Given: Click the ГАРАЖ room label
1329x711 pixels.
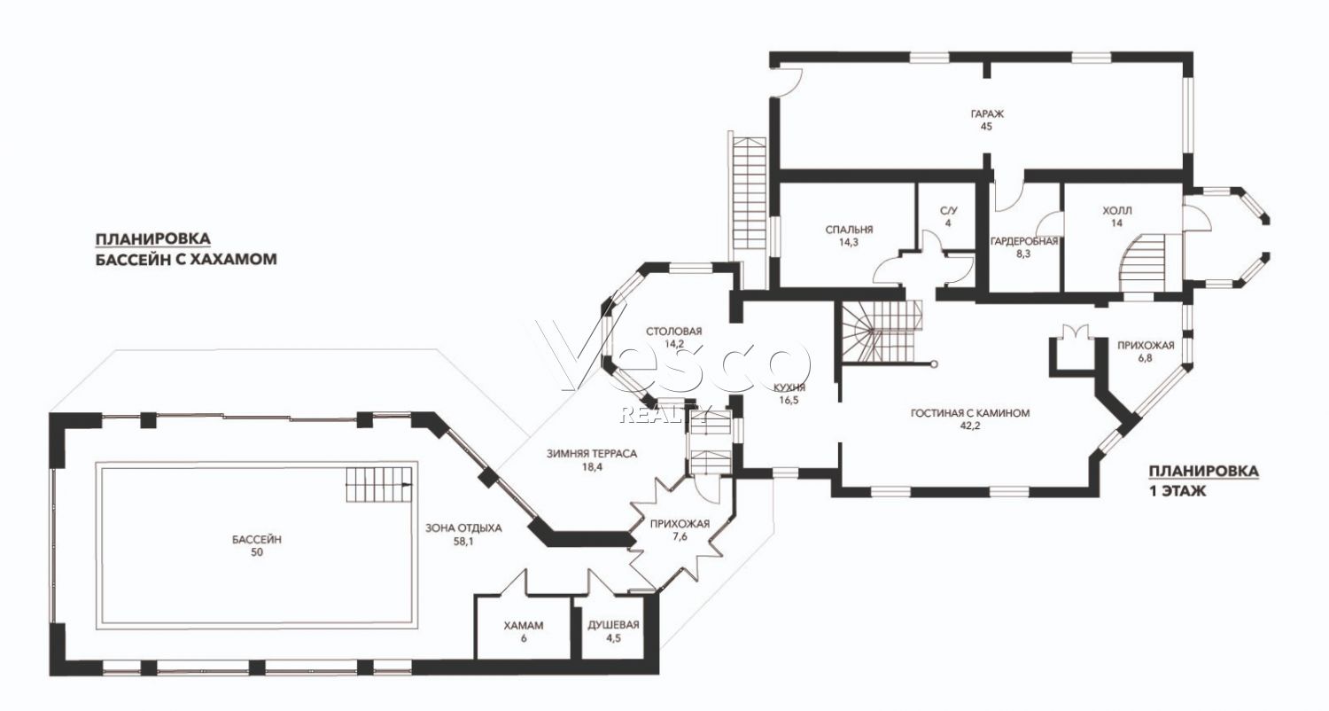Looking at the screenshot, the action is (x=987, y=114).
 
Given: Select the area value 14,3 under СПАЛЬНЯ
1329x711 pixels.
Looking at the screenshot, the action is (x=849, y=243).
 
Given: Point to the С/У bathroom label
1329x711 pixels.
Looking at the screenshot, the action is (x=949, y=211).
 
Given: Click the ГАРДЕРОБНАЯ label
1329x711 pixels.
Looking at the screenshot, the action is (x=1024, y=241).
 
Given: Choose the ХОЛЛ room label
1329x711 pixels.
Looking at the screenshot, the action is (x=1117, y=211).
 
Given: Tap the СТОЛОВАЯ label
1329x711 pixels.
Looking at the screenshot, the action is (x=674, y=332).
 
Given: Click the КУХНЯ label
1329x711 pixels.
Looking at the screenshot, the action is (x=789, y=388).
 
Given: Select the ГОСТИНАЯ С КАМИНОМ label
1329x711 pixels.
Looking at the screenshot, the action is (x=970, y=413).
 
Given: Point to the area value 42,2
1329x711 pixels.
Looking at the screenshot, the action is (x=970, y=426).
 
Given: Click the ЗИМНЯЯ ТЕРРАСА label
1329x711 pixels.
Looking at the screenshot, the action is (x=592, y=454).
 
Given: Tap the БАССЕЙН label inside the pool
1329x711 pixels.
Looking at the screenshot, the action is (x=256, y=540).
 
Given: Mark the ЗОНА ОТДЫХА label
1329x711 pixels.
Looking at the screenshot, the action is (x=463, y=528).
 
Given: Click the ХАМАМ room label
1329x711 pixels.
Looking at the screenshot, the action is (x=524, y=626).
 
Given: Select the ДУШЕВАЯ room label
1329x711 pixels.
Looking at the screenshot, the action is (x=613, y=625).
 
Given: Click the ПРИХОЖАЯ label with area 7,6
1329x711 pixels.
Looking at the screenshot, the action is (x=680, y=523).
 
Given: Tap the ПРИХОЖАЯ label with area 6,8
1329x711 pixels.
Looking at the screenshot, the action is (x=1146, y=346).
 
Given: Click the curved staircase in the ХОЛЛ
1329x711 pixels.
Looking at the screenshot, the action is (x=1142, y=262).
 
